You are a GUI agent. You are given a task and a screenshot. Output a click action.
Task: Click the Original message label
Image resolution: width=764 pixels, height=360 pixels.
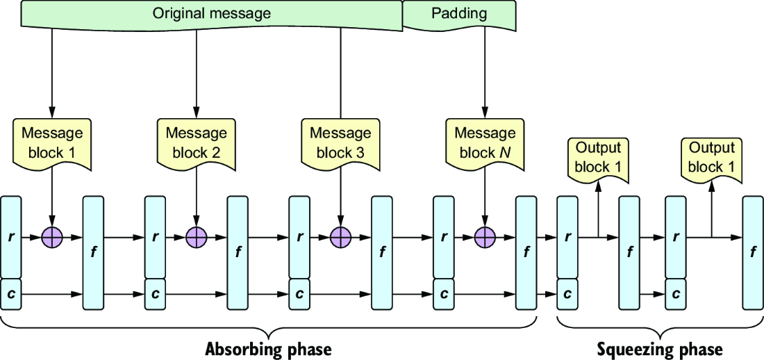click(211, 13)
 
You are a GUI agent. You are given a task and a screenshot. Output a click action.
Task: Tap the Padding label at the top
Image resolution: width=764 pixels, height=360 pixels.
click(459, 13)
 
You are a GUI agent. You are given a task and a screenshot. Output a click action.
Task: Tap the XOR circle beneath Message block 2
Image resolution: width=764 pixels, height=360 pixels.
click(197, 238)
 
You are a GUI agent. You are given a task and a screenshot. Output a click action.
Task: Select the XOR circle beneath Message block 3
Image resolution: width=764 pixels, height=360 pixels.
click(340, 238)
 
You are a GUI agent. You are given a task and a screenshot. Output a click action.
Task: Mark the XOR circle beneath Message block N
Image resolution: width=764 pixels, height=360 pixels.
click(485, 238)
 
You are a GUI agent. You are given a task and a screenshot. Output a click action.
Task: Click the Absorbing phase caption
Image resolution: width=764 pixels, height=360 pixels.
click(269, 350)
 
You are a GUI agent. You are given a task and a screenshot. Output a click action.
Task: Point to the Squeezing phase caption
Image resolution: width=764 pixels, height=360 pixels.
click(661, 350)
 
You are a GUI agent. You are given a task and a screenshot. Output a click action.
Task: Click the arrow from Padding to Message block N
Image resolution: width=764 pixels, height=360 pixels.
click(485, 72)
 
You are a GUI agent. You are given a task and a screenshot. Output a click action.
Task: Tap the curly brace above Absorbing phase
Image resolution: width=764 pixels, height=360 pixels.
click(269, 327)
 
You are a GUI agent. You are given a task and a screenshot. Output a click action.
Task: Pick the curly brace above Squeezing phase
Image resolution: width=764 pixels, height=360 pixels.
click(661, 327)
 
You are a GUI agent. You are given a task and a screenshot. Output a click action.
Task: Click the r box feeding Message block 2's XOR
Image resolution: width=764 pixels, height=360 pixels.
click(155, 236)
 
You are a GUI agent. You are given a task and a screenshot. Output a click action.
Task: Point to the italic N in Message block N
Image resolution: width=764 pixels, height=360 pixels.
click(504, 153)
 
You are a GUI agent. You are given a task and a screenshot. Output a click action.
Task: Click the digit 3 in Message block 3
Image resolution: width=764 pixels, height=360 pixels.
click(360, 153)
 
